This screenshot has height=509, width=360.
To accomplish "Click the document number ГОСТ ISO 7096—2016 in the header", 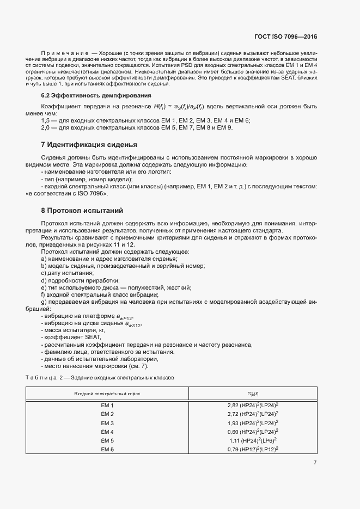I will pyautogui.click(x=285, y=37).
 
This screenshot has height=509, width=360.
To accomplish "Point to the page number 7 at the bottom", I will pyautogui.click(x=315, y=462).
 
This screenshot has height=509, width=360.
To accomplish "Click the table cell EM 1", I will pyautogui.click(x=107, y=406).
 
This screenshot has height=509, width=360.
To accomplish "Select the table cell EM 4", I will pyautogui.click(x=107, y=432).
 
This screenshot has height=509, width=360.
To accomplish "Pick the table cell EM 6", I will pyautogui.click(x=107, y=449).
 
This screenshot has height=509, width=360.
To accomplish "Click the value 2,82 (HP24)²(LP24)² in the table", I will pyautogui.click(x=253, y=406).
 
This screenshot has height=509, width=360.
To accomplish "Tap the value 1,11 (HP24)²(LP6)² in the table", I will pyautogui.click(x=253, y=440).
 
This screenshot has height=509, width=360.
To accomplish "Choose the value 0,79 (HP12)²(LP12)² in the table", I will pyautogui.click(x=253, y=449).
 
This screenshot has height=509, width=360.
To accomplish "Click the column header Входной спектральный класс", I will pyautogui.click(x=107, y=393).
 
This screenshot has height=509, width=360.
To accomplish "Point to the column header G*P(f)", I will pyautogui.click(x=253, y=393).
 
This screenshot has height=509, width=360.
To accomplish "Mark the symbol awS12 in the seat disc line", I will pyautogui.click(x=133, y=324).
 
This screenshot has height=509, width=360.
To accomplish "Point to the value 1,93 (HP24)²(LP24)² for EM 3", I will pyautogui.click(x=253, y=423).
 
